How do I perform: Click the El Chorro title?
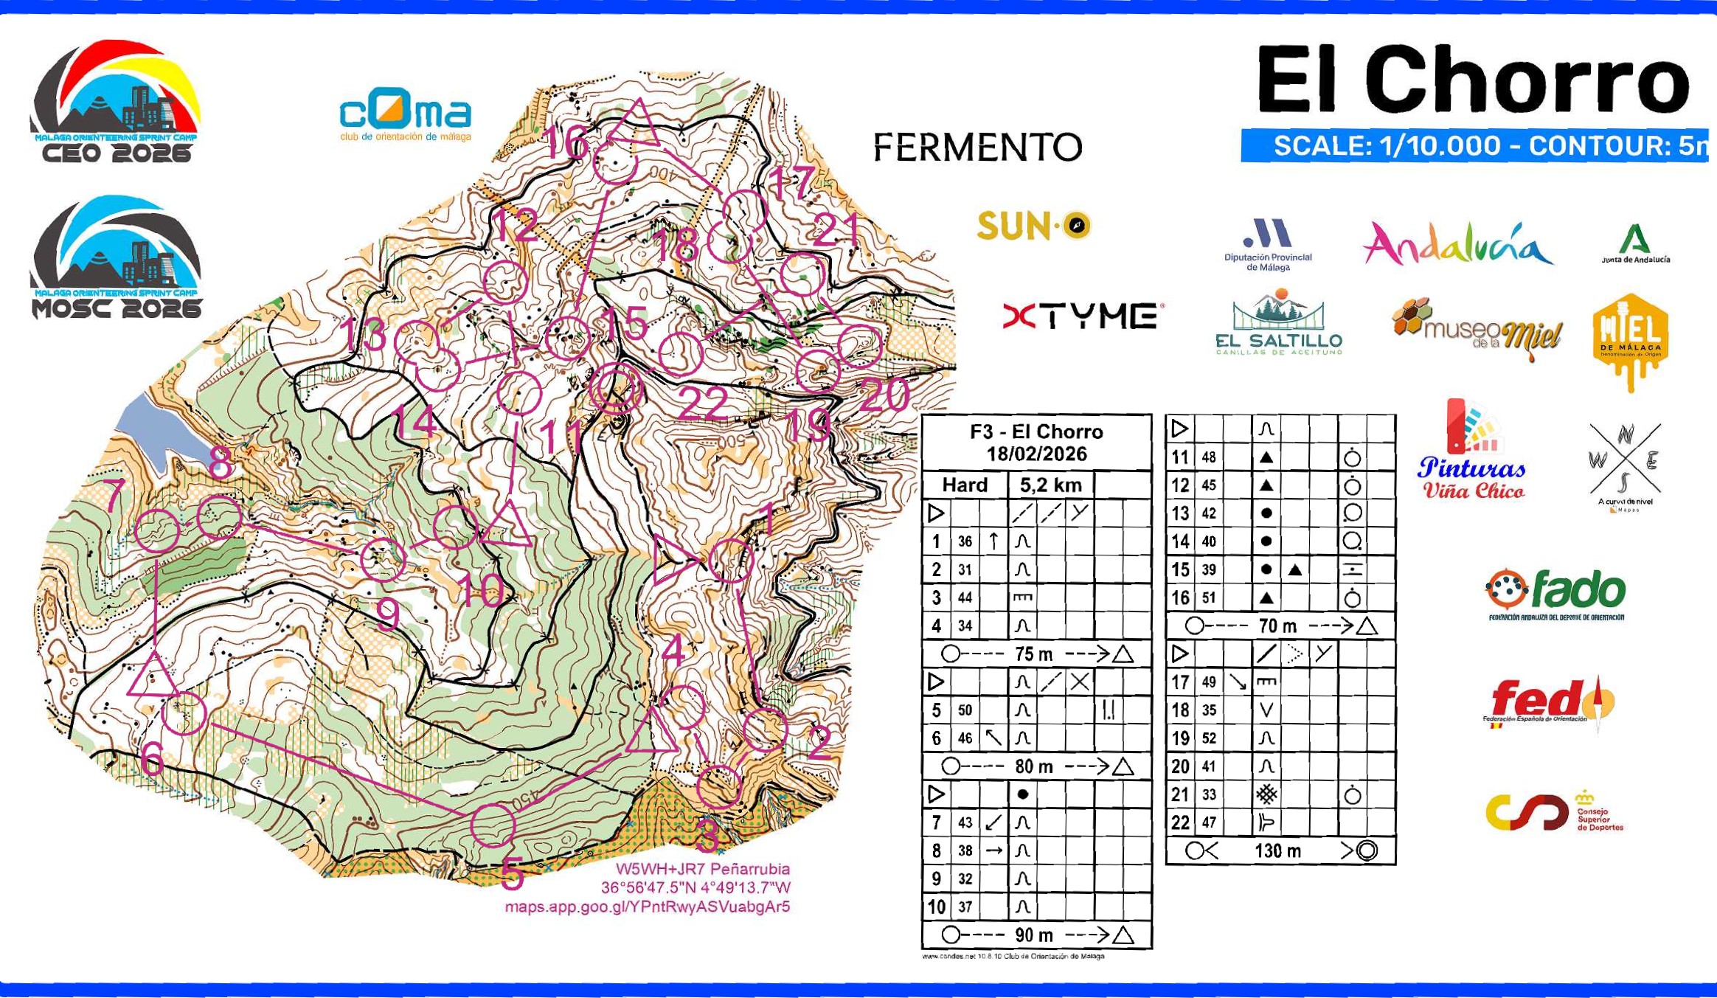point(1472,79)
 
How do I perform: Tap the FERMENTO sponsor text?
point(977,148)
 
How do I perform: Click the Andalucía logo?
point(1457,244)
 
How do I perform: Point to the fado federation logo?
point(1556,595)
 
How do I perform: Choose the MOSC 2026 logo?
point(115,257)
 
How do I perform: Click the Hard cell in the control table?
point(965,485)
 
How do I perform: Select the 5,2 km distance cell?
point(1050,485)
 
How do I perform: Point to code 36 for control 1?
point(965,541)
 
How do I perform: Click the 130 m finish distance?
point(1277,851)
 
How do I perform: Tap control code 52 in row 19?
point(1208,738)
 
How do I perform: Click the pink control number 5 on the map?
point(512,875)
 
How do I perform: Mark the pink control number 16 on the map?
point(566,142)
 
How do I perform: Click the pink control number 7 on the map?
point(114,495)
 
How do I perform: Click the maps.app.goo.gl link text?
point(647,907)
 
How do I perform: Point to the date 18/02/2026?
point(1036,454)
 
